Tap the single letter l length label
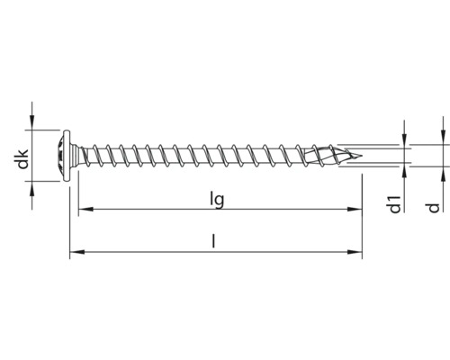coord(213,242)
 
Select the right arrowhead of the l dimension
coord(357,253)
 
